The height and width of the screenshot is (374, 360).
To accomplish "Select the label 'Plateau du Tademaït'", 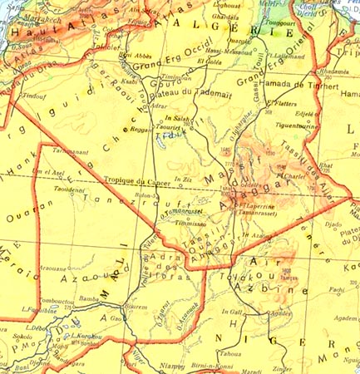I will point(196,90).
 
